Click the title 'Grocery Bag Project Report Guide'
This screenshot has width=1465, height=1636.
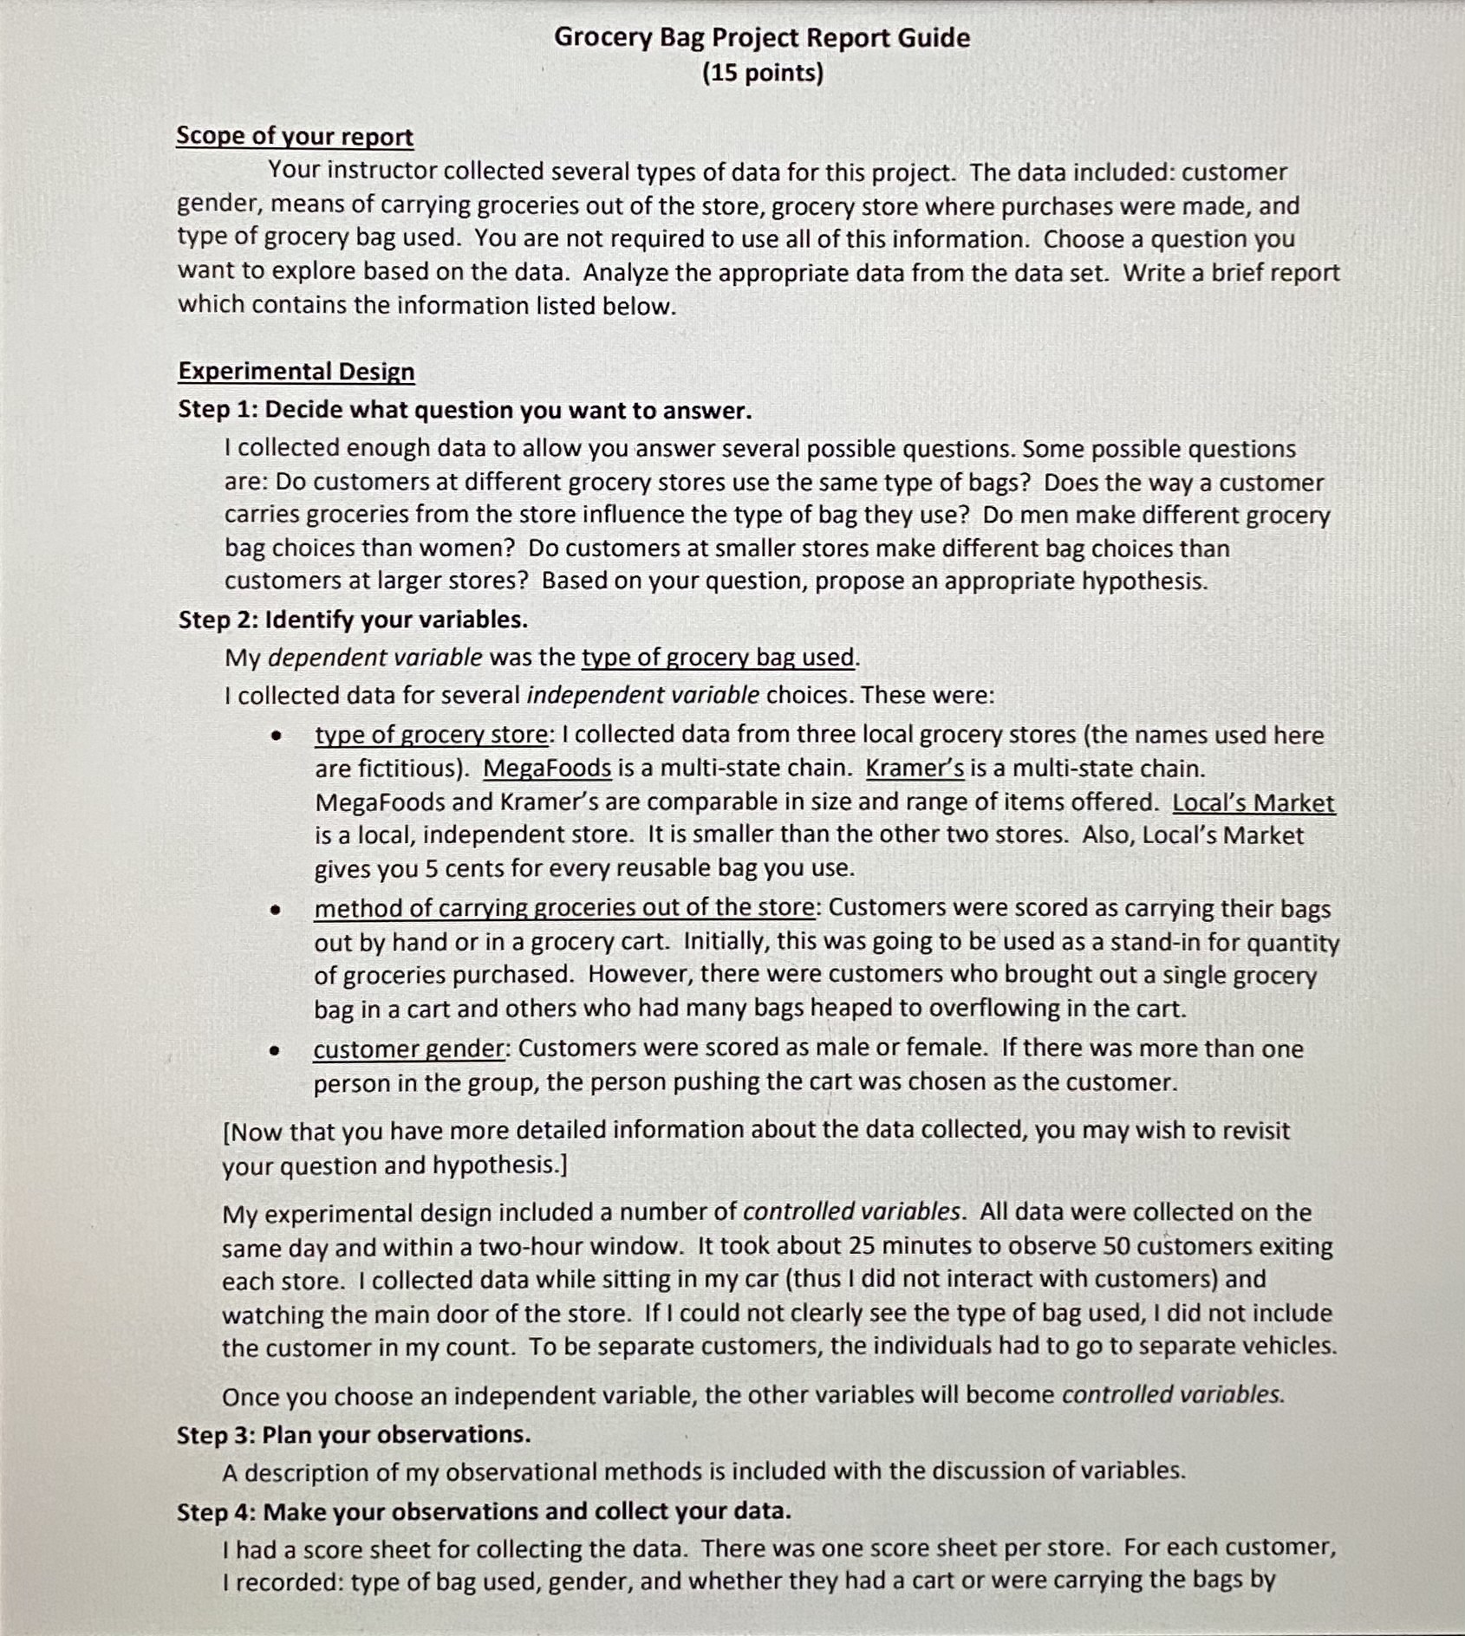tap(762, 37)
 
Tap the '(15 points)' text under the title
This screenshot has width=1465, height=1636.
tap(763, 73)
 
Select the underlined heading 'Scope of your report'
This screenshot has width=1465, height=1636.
tap(295, 137)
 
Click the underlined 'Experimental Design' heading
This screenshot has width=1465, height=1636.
tap(296, 372)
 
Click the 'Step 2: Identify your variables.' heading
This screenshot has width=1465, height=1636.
tap(353, 620)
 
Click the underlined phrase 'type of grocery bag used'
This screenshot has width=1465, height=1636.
tap(718, 658)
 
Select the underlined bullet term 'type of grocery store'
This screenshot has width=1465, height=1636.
tap(432, 735)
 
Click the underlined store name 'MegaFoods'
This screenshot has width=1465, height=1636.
tap(547, 769)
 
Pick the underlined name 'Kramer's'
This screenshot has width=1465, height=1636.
tap(915, 769)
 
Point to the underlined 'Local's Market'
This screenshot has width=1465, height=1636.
tap(1253, 803)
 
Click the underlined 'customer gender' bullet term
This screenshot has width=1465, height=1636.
tap(408, 1049)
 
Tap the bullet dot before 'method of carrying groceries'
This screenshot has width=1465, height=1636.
tap(275, 910)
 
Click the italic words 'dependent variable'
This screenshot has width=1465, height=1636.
tap(374, 658)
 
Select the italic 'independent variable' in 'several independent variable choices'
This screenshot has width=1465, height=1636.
tap(642, 696)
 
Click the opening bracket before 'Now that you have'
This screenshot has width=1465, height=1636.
tap(226, 1132)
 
